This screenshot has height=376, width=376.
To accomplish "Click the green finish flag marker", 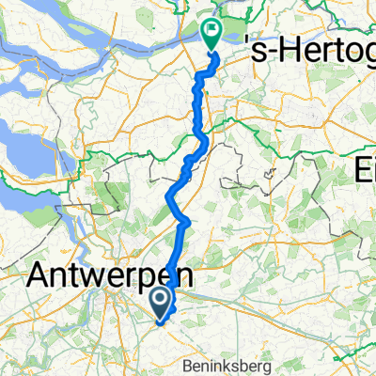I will pos(210,35).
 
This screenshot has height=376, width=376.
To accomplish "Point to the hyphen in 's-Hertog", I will pos(264,58).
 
